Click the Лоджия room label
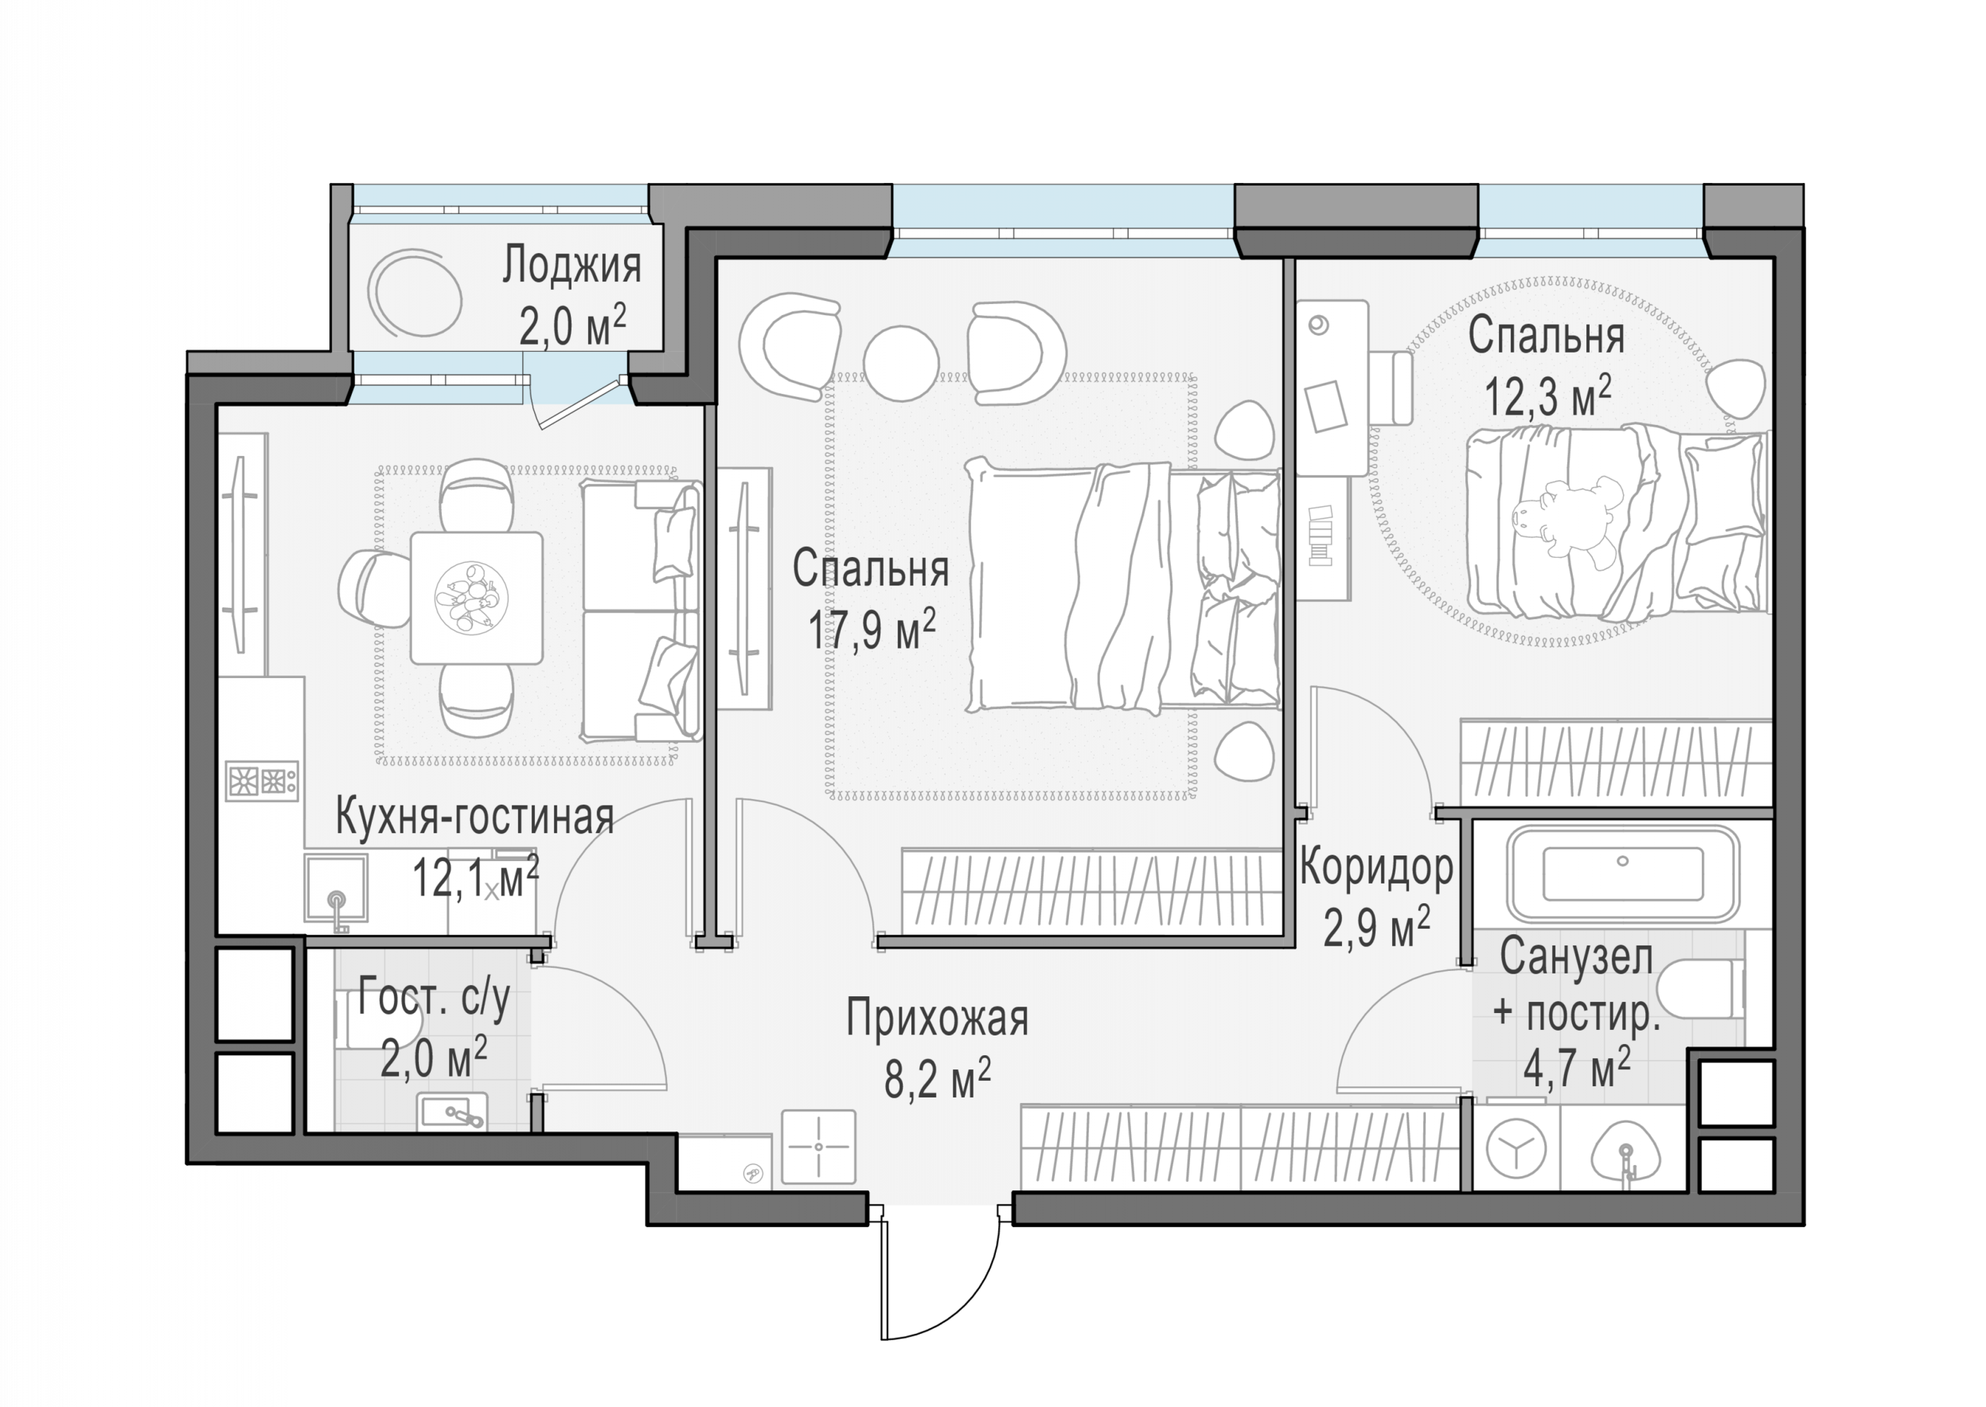coord(572,265)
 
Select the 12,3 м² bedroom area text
coord(1548,396)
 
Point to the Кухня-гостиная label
coord(475,816)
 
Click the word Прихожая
coord(937,1017)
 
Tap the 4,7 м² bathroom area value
coord(1577,1068)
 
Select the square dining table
coord(476,598)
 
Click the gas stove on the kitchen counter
coord(263,779)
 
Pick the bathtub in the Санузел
coord(1623,873)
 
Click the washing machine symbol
coord(1515,1149)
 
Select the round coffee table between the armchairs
coord(901,363)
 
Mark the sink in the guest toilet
coord(453,1112)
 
